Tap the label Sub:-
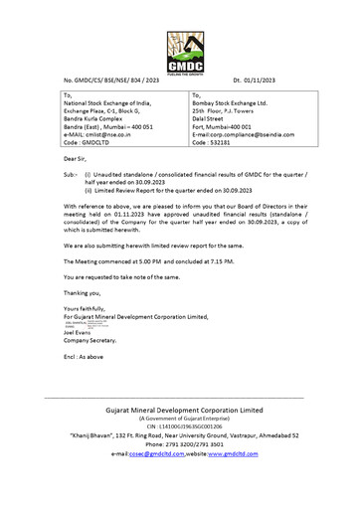click(x=71, y=173)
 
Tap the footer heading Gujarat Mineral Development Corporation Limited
click(x=179, y=413)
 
